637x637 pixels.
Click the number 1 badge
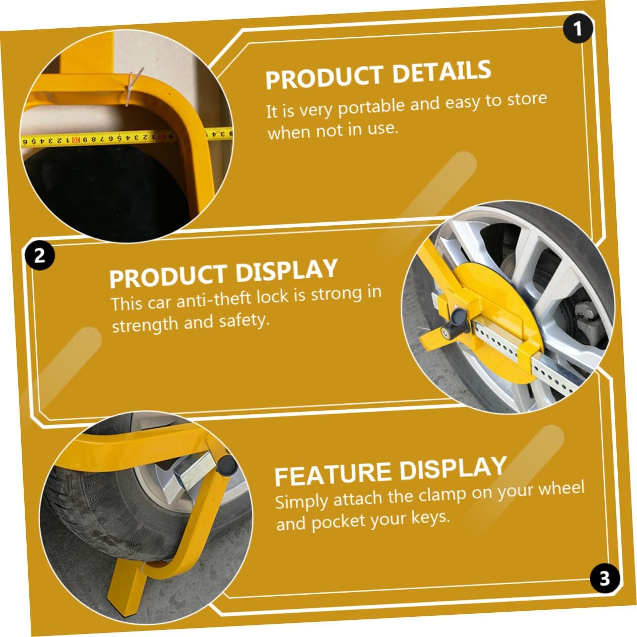click(577, 29)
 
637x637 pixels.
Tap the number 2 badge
click(39, 256)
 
